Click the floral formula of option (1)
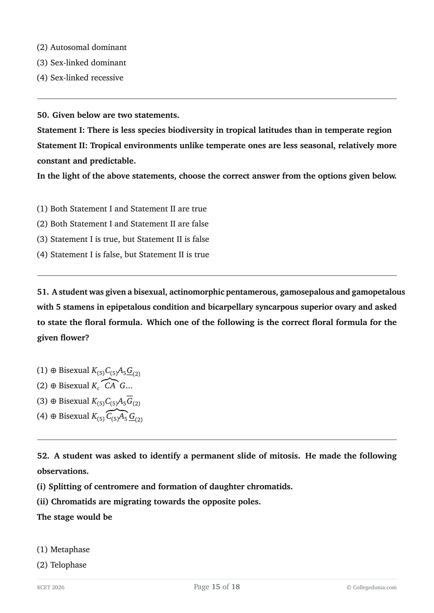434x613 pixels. click(116, 371)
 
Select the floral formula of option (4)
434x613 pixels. click(117, 417)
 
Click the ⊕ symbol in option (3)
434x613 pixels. click(53, 401)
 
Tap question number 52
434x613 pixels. click(43, 456)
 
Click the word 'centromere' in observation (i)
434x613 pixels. click(116, 486)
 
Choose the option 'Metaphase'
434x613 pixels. click(70, 549)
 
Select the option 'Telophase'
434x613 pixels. click(68, 565)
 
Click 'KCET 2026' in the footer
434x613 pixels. click(51, 587)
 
